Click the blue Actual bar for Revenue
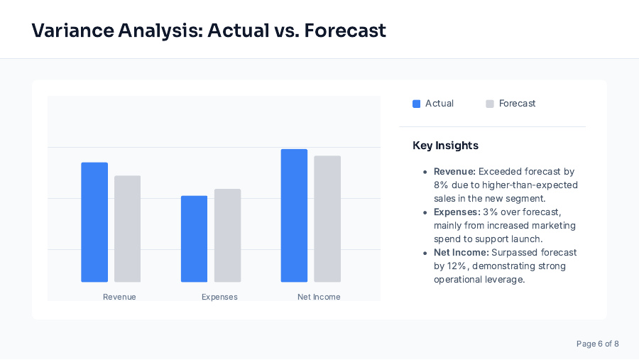[94, 222]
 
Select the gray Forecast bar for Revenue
[128, 229]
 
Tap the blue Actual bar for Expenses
[194, 239]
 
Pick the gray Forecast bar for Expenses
[228, 235]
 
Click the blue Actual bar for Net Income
[294, 215]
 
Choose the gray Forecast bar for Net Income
[327, 219]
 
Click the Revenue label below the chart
[119, 297]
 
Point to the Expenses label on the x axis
[219, 297]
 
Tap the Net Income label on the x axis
[319, 297]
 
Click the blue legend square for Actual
[417, 104]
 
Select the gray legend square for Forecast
[490, 104]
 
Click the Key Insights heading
[445, 146]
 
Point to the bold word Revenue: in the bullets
[454, 172]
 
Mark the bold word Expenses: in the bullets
[457, 212]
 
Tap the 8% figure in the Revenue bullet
[441, 185]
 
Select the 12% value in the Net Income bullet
[457, 266]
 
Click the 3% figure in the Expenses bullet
[491, 212]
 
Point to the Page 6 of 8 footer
[597, 344]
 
